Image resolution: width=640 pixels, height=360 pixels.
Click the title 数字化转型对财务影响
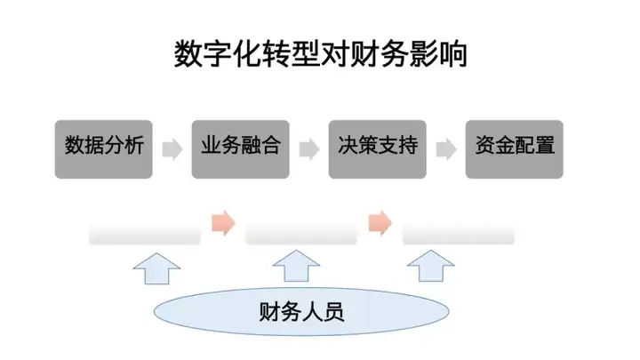tap(321, 54)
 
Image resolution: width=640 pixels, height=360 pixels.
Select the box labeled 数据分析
tap(104, 149)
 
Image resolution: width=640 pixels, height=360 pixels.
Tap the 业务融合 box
tap(240, 149)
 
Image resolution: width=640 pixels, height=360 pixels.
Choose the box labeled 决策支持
tap(378, 149)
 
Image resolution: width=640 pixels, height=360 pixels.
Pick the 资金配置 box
tap(515, 149)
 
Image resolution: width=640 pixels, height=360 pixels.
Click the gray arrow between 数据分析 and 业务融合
tap(172, 149)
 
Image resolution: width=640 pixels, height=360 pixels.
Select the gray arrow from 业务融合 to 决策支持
tap(309, 149)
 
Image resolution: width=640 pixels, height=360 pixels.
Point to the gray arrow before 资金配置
tap(446, 149)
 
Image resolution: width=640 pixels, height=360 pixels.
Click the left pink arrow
tap(224, 223)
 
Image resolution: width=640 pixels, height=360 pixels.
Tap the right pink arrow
tap(380, 223)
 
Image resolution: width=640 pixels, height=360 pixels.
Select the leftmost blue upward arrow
tap(156, 268)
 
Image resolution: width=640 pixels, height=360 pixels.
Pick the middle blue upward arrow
tap(296, 266)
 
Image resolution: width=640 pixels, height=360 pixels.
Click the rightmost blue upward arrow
tap(431, 266)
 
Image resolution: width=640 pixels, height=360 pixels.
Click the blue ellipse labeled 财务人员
tap(301, 311)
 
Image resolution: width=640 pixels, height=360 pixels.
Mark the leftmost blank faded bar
tap(145, 235)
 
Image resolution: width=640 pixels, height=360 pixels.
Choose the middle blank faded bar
tap(301, 235)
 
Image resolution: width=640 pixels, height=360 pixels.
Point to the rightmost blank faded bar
tap(459, 235)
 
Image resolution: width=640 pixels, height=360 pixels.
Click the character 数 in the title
tap(188, 54)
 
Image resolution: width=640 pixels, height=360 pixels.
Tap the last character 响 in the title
tap(453, 54)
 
